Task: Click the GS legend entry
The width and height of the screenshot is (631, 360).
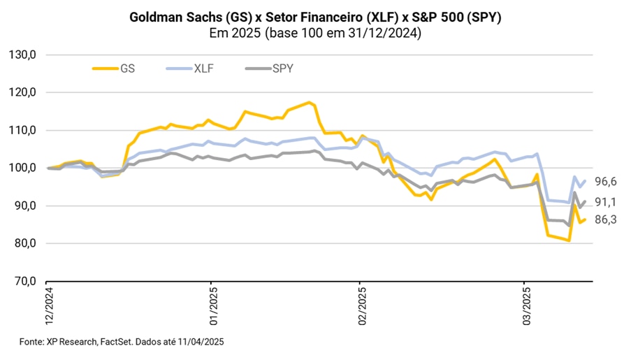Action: tap(126, 69)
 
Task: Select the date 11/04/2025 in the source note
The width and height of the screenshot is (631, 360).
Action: tap(201, 341)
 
